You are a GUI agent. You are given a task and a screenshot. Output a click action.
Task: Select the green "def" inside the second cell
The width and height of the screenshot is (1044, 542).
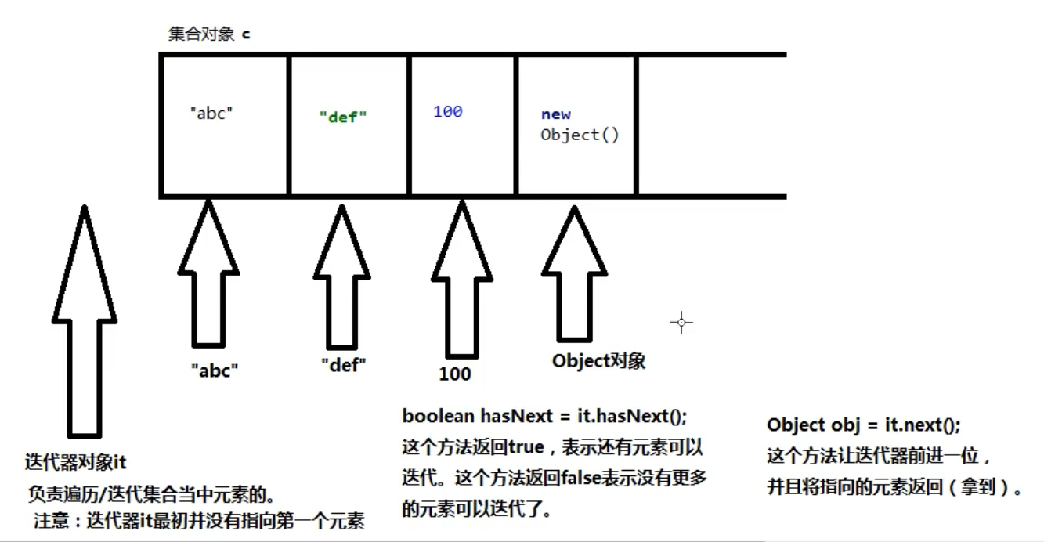point(343,117)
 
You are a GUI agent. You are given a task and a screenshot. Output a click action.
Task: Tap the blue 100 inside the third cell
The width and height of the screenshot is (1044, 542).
point(447,111)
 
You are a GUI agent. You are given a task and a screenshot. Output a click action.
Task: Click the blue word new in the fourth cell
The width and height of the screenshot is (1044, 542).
point(555,114)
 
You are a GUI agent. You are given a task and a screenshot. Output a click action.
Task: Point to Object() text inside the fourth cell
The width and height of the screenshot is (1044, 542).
point(580,135)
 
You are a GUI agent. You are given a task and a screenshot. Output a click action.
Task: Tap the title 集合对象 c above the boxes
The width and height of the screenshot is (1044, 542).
point(209,34)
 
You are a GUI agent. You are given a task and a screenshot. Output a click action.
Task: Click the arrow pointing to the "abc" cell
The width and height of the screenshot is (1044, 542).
point(208,274)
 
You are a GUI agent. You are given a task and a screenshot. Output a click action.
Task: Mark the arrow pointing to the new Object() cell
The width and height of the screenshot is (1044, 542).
point(575,274)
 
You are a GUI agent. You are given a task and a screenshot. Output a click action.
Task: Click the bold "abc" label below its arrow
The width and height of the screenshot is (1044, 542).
point(215,370)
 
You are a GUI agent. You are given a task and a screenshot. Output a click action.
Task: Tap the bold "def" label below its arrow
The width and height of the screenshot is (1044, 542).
point(344,364)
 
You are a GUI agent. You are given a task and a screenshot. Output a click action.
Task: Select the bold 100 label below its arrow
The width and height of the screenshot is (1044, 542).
point(455,374)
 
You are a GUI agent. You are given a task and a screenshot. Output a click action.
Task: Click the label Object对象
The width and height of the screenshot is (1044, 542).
point(598,361)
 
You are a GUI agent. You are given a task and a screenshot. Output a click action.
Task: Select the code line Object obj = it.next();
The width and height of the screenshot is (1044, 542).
point(863,425)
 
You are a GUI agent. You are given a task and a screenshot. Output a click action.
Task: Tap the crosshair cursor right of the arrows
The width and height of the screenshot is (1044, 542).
point(681,322)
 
